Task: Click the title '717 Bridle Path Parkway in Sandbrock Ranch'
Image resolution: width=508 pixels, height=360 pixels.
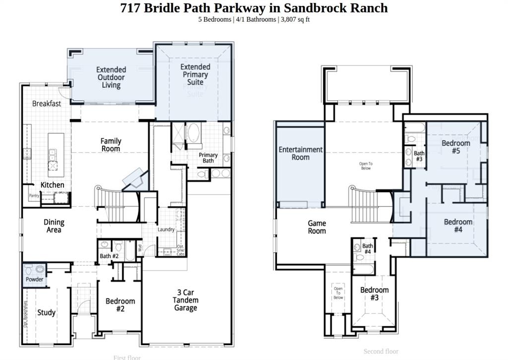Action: click(254, 8)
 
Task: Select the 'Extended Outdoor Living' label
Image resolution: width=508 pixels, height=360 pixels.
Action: click(111, 77)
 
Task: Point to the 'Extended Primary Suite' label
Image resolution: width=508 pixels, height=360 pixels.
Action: click(195, 74)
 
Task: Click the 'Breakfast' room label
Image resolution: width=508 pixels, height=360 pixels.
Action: click(47, 104)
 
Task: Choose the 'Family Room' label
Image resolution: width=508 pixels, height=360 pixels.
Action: click(111, 145)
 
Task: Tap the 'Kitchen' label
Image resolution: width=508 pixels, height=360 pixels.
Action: click(52, 185)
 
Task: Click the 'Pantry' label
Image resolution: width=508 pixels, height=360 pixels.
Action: click(34, 196)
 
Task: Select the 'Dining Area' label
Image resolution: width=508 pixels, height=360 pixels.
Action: click(54, 226)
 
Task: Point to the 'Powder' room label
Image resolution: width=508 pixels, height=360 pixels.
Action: click(34, 280)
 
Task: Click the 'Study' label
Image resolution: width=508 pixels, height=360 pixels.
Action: click(46, 312)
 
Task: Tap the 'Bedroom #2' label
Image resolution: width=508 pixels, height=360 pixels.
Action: click(120, 305)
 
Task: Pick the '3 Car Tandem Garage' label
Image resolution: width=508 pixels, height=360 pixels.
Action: click(186, 300)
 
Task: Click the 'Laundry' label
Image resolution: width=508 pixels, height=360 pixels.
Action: click(166, 229)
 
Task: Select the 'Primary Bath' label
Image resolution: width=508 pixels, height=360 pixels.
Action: click(208, 158)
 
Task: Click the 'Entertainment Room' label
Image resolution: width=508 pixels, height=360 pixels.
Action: click(301, 153)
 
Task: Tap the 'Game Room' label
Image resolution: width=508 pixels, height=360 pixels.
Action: click(317, 227)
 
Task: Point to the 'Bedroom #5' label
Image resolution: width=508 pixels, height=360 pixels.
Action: click(456, 147)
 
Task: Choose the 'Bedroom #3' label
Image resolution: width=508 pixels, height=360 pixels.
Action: click(375, 293)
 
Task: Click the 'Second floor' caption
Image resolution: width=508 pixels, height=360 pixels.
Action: click(381, 352)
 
